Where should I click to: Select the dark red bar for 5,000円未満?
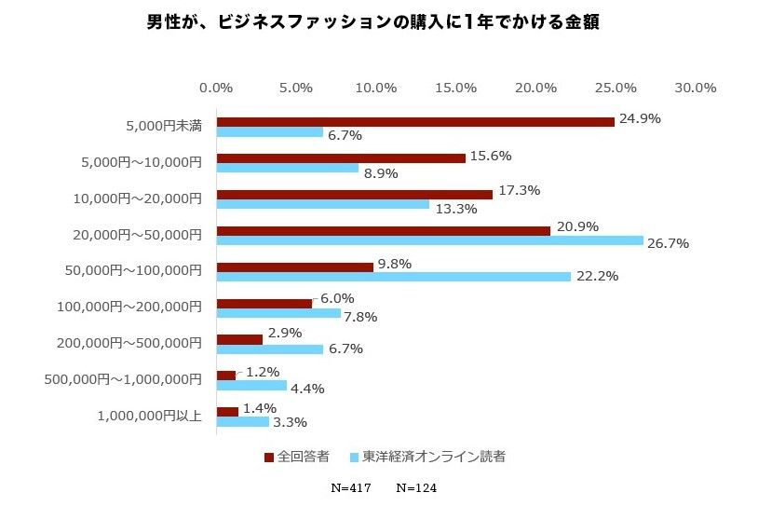[x=414, y=122]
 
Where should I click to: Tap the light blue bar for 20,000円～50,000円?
[x=429, y=240]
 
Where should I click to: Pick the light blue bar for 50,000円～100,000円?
[x=393, y=277]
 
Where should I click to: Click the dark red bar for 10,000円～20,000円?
[x=354, y=195]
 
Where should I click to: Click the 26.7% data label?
[x=667, y=244]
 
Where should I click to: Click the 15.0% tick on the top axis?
[x=455, y=88]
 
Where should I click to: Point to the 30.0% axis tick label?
[x=695, y=88]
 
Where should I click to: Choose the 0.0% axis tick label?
[x=216, y=88]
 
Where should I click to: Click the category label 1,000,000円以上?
[x=149, y=416]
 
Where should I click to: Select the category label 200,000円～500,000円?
[x=129, y=343]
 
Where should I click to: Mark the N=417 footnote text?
[x=352, y=487]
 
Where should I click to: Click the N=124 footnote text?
[x=416, y=487]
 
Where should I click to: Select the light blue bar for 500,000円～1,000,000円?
[x=251, y=386]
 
